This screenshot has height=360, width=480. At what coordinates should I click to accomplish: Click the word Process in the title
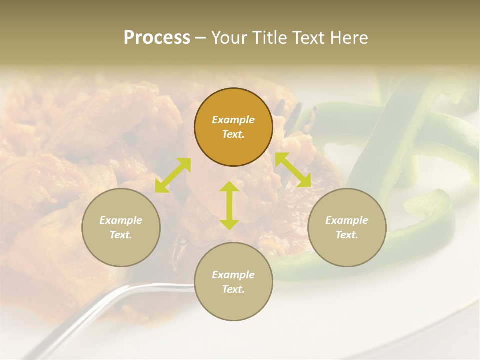[157, 38]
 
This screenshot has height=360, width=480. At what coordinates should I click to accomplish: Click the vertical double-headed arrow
[229, 205]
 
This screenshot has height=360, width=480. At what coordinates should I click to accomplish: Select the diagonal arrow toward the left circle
[173, 175]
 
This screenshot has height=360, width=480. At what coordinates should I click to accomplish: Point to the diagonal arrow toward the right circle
[293, 170]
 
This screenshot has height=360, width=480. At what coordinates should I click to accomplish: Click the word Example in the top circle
[233, 120]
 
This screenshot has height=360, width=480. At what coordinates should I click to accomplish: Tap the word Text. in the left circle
[121, 235]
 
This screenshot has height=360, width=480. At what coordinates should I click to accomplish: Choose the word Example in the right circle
[347, 220]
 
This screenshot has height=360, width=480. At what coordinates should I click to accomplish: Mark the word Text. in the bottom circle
[233, 289]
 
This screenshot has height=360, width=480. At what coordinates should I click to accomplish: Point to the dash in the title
[201, 38]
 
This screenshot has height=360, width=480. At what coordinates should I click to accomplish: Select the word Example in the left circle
[121, 220]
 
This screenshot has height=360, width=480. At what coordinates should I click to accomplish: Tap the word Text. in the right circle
[347, 235]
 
